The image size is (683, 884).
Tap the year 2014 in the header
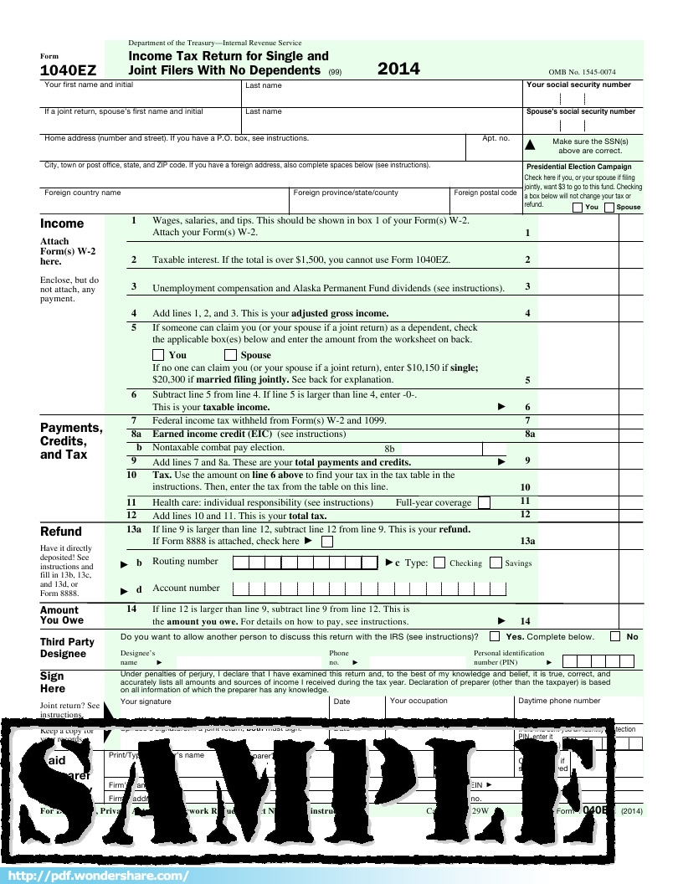tap(398, 69)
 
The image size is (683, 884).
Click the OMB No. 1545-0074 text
tap(582, 73)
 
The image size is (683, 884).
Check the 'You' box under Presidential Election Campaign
tap(578, 208)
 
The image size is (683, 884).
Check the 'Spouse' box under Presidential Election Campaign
tap(609, 208)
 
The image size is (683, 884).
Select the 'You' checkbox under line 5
tap(158, 355)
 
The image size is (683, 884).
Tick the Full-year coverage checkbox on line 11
tap(484, 502)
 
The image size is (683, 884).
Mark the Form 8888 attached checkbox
tap(327, 542)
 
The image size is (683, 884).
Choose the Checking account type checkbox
tap(439, 563)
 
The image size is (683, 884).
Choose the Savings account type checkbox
tap(496, 563)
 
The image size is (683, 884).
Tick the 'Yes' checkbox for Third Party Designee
tap(495, 636)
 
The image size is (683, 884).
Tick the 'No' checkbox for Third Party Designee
tap(615, 636)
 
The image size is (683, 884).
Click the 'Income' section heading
tap(62, 224)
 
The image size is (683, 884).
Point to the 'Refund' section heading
tap(61, 532)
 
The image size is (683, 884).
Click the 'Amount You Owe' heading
tap(62, 615)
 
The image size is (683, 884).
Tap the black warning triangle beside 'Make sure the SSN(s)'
tap(529, 145)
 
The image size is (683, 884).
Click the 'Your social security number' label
tap(578, 85)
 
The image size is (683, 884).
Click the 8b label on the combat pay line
tap(389, 450)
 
